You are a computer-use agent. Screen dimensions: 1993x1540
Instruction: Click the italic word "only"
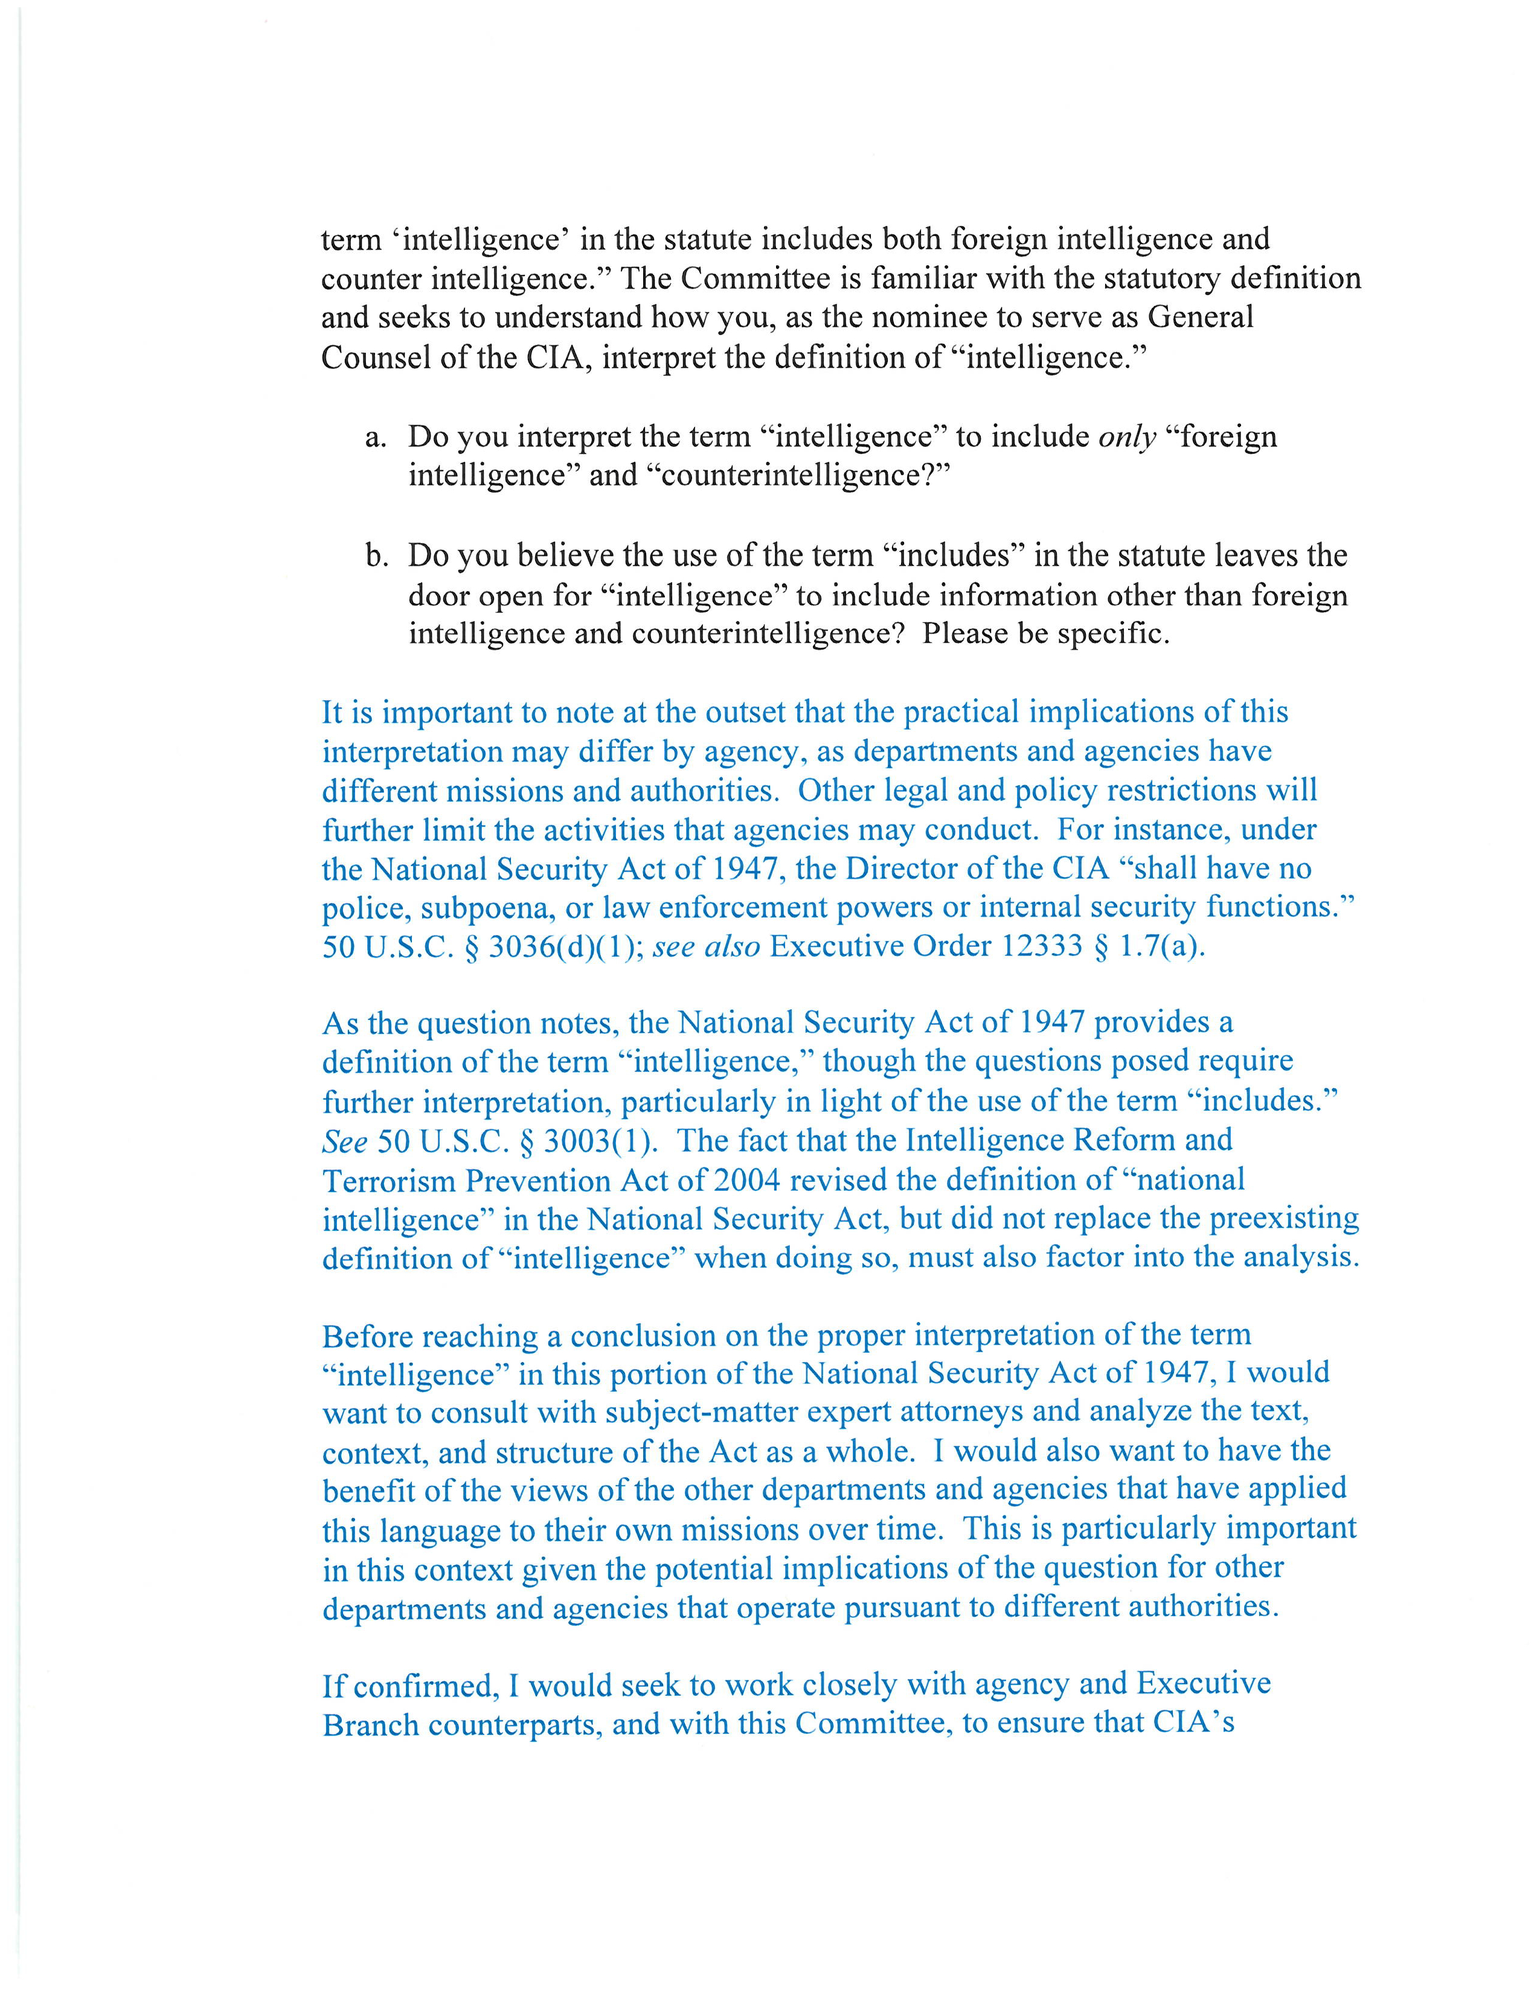point(1128,438)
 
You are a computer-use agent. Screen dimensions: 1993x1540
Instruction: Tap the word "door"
point(440,596)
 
